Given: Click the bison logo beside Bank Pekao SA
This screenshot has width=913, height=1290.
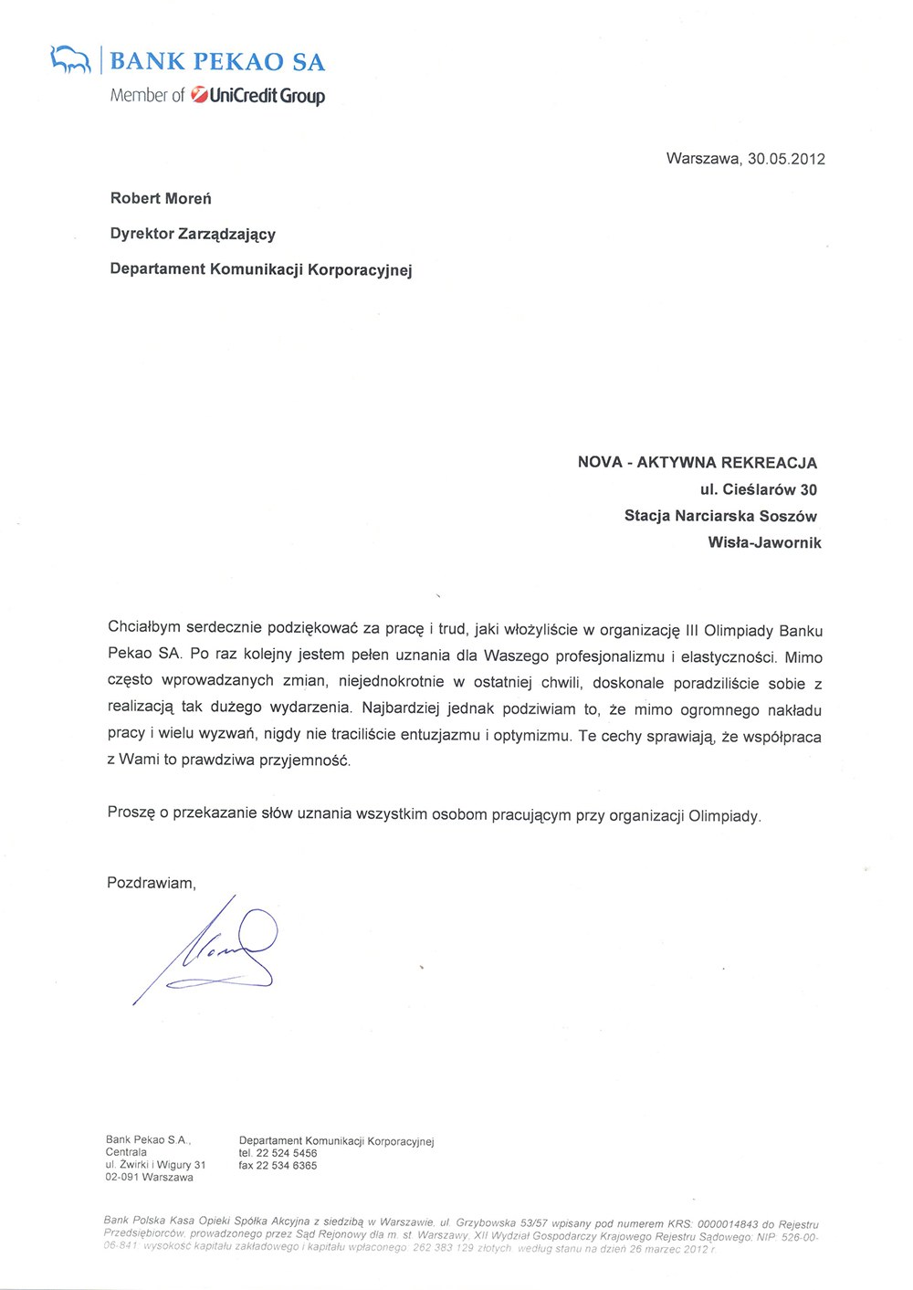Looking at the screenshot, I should coord(72,60).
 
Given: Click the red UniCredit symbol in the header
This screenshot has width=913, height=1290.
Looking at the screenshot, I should coord(198,95).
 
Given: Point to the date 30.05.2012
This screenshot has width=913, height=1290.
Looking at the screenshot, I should coord(786,159).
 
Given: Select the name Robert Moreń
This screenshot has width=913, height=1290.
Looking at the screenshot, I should coord(161,198).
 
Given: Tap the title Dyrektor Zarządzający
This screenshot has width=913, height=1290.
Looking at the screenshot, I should coord(193,234).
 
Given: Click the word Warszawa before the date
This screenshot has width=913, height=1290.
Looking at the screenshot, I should coord(703,159).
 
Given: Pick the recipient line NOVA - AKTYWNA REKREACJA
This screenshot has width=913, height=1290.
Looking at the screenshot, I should coord(698,463).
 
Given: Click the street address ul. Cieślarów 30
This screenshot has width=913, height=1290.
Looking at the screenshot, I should coord(759,489).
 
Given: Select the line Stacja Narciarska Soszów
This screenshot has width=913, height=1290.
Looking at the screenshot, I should coord(720,516).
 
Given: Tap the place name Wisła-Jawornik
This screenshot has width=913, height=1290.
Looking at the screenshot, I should coord(764,542).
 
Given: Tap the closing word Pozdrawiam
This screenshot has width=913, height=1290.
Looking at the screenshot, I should coord(151,883).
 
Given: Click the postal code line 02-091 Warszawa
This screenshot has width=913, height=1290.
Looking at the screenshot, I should coord(149,1178).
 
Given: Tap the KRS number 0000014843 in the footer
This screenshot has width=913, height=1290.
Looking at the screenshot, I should coord(728,1224).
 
